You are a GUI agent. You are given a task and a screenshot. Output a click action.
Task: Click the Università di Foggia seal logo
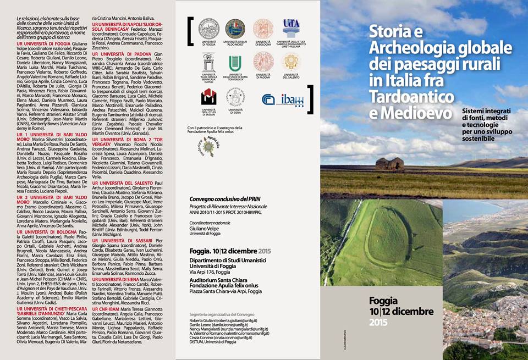click(208, 29)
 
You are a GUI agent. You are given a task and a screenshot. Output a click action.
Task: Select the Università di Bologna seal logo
click(263, 29)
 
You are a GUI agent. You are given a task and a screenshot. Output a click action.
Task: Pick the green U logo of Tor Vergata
click(235, 63)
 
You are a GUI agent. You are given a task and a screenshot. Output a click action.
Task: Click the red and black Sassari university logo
click(208, 97)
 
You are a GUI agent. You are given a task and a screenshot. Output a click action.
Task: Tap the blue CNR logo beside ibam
click(268, 100)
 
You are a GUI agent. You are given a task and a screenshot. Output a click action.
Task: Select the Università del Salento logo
click(291, 62)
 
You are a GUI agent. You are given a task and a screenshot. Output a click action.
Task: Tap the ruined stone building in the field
click(389, 164)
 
